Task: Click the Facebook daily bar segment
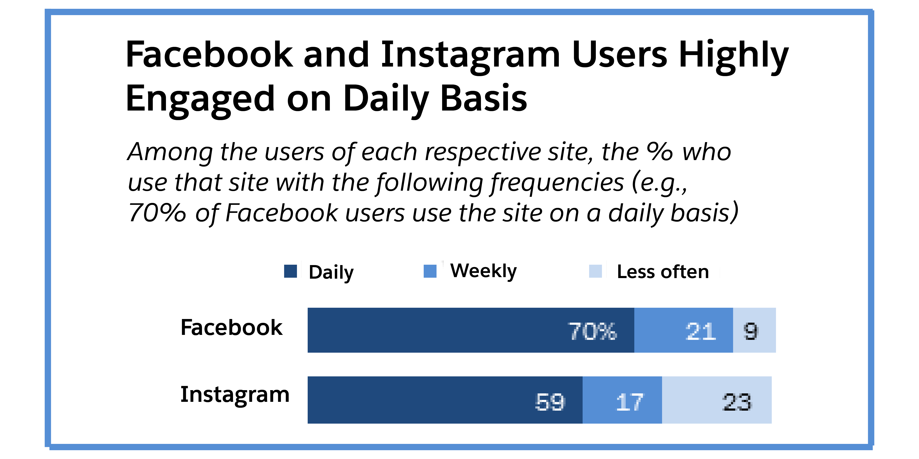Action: (x=471, y=330)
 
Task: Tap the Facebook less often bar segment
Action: (x=754, y=330)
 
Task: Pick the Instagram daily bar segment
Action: (x=445, y=400)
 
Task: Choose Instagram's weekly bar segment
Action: (x=622, y=400)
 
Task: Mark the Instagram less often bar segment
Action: (x=716, y=400)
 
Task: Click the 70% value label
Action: (x=592, y=331)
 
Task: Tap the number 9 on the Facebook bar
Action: (x=751, y=331)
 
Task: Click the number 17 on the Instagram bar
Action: (x=629, y=402)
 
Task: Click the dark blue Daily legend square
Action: (x=290, y=271)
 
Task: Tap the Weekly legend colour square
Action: (x=430, y=271)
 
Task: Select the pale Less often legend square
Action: (x=595, y=271)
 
